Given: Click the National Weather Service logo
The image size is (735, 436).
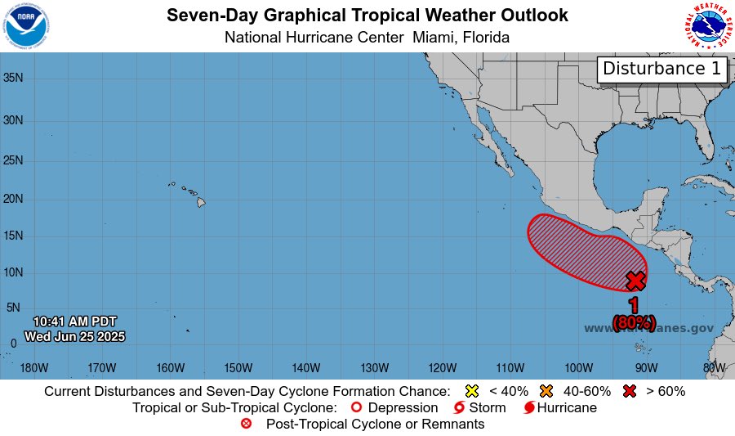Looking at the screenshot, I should (706, 26).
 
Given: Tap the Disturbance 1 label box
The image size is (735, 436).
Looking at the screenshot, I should (662, 70).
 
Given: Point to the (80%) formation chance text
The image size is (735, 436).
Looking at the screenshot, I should (634, 321).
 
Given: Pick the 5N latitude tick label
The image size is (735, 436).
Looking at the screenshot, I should (12, 308).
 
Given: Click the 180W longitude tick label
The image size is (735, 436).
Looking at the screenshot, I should (33, 367).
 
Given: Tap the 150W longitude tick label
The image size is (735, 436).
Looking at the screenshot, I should (238, 367).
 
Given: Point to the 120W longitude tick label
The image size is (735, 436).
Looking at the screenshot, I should (442, 367).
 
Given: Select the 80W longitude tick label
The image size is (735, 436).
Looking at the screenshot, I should (715, 367).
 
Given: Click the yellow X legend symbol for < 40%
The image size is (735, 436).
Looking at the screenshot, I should (471, 391).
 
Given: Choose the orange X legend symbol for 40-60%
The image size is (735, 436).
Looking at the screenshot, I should (547, 391).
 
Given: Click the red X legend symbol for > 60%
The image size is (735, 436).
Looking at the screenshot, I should (628, 391).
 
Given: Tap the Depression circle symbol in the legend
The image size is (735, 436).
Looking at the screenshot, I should (355, 407).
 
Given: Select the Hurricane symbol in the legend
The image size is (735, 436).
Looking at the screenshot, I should (529, 407).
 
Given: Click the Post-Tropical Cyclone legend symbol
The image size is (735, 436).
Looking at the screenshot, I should (247, 424).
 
